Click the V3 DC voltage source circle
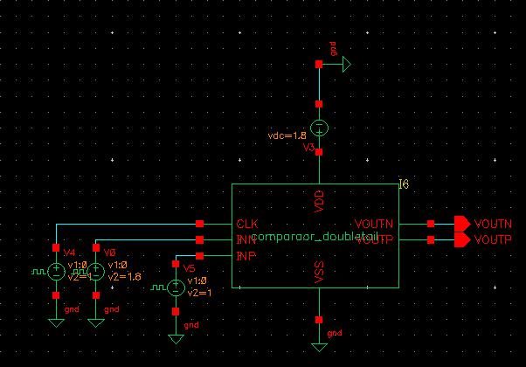click(320, 128)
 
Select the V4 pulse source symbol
click(56, 272)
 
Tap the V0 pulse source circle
click(97, 272)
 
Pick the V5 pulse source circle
click(176, 287)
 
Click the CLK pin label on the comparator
click(246, 224)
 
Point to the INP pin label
click(246, 255)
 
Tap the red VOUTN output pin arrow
click(460, 224)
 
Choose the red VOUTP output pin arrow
click(460, 239)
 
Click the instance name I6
click(403, 183)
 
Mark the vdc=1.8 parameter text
click(287, 135)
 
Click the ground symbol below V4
click(56, 321)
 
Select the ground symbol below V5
click(176, 336)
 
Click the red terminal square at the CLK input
click(201, 224)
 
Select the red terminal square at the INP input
click(201, 255)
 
